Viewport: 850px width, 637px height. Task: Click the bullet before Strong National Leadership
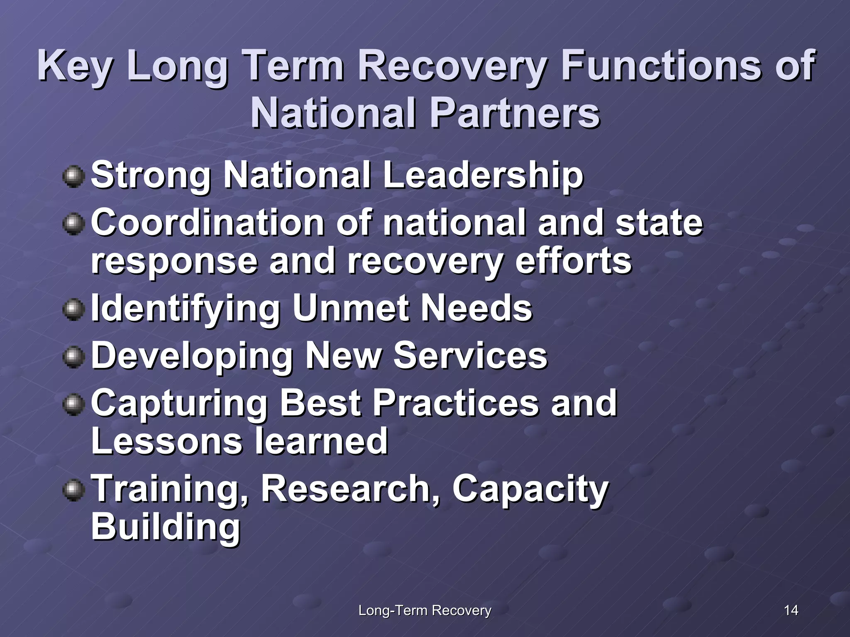pyautogui.click(x=73, y=177)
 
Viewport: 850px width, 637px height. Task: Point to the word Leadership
pyautogui.click(x=483, y=176)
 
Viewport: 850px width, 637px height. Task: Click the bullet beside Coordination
pyautogui.click(x=73, y=224)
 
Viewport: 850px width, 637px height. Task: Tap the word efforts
pyautogui.click(x=573, y=261)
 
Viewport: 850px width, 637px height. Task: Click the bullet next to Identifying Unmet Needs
pyautogui.click(x=73, y=310)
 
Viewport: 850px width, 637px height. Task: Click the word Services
pyautogui.click(x=470, y=356)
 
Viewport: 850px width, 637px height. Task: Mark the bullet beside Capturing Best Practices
pyautogui.click(x=73, y=404)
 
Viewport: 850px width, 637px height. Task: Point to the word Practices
pyautogui.click(x=456, y=403)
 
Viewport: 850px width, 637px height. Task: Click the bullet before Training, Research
pyautogui.click(x=73, y=490)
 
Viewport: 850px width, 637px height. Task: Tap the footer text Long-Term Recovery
pyautogui.click(x=425, y=610)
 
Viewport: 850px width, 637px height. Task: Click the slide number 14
pyautogui.click(x=791, y=610)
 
